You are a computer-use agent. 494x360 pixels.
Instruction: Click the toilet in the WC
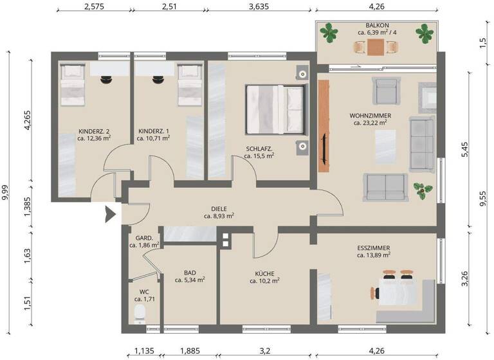(140, 313)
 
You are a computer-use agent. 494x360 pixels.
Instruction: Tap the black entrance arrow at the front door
(109, 213)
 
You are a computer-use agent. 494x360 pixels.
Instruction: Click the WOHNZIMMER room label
(371, 115)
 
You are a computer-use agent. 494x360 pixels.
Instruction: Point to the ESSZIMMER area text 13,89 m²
(374, 255)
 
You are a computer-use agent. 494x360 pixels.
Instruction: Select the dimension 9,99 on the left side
(6, 190)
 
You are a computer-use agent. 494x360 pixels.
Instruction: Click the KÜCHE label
(264, 273)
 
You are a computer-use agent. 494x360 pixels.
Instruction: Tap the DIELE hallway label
(219, 208)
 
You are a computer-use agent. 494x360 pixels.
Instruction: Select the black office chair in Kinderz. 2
(107, 80)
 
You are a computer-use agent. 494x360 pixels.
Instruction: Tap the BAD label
(189, 272)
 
